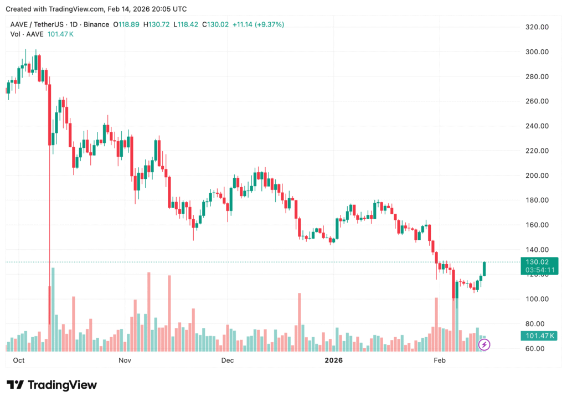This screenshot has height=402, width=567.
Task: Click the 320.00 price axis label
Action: tap(536, 27)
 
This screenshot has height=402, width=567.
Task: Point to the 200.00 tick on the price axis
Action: tap(536, 176)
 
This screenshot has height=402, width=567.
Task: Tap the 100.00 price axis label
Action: tap(536, 299)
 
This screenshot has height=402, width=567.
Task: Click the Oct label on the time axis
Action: tap(18, 360)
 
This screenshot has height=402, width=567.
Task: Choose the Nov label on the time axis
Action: tap(125, 360)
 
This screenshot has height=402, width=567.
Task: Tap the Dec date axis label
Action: tap(227, 360)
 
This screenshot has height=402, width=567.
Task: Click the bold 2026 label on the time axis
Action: tap(333, 360)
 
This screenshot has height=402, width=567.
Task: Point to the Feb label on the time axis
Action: tap(439, 360)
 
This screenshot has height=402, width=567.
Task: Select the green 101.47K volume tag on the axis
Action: tap(538, 336)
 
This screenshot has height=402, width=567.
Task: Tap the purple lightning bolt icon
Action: tap(484, 345)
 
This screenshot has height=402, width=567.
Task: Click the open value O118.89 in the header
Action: tap(126, 24)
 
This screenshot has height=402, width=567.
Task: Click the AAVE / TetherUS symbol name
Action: tap(37, 24)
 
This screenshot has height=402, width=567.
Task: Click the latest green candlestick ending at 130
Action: tap(484, 269)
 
